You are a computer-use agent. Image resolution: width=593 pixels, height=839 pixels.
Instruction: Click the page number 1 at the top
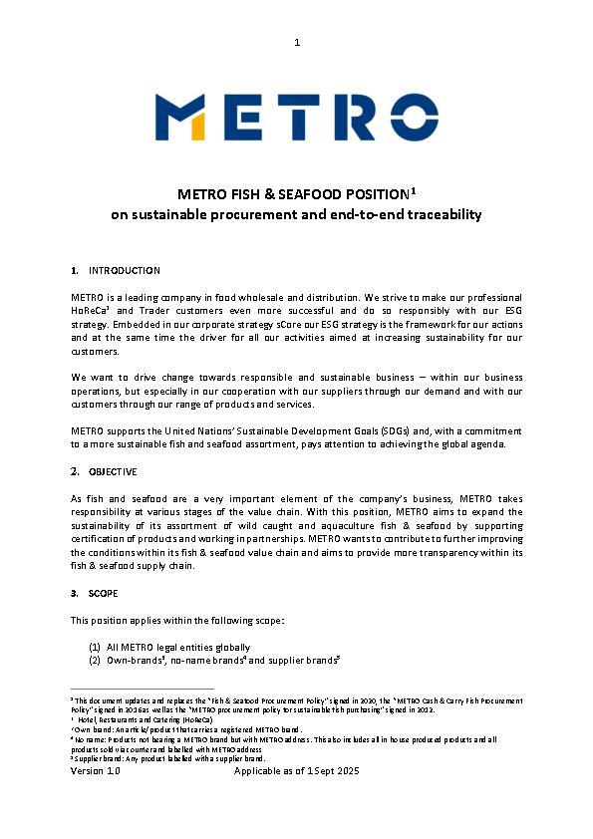(297, 42)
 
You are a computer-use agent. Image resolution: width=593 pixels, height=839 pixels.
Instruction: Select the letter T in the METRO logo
(292, 118)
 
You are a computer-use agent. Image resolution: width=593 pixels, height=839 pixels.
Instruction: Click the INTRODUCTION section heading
(124, 271)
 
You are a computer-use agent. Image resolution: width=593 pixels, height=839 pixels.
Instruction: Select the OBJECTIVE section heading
(113, 471)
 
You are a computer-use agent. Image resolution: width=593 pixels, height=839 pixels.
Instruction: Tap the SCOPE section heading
(106, 594)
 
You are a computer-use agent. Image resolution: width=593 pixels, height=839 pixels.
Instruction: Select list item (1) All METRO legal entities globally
(168, 647)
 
